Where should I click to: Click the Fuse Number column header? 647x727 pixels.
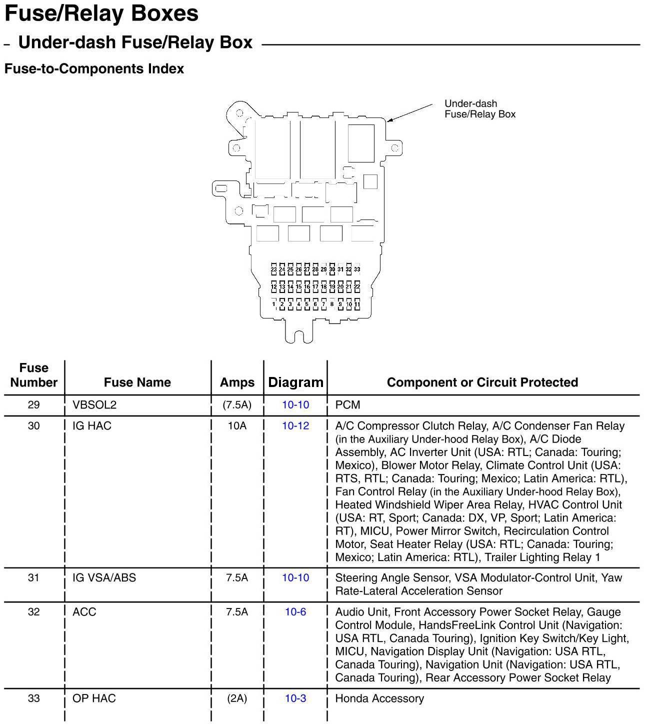click(33, 375)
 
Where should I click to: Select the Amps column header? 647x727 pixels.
click(237, 382)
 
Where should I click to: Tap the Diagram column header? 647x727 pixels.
click(295, 382)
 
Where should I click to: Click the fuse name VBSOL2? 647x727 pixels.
click(94, 404)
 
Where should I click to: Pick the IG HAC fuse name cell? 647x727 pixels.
click(92, 425)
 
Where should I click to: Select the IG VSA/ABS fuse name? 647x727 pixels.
click(104, 577)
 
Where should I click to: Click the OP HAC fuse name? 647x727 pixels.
click(94, 698)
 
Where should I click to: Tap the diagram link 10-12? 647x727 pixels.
click(295, 425)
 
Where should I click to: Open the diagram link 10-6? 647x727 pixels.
click(295, 611)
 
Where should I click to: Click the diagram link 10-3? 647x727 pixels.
click(295, 698)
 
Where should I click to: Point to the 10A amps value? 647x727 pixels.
click(237, 425)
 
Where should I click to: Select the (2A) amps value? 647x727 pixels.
click(237, 698)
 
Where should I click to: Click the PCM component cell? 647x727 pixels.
click(347, 404)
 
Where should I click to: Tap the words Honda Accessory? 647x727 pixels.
click(379, 698)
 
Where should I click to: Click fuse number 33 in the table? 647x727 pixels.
click(33, 698)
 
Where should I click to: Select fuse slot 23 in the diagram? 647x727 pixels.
click(274, 269)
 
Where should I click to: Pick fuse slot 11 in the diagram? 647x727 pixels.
click(357, 304)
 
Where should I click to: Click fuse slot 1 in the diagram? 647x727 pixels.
click(274, 304)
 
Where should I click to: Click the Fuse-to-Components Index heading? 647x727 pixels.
click(94, 68)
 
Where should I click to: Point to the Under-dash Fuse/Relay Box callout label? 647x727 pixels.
click(479, 109)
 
